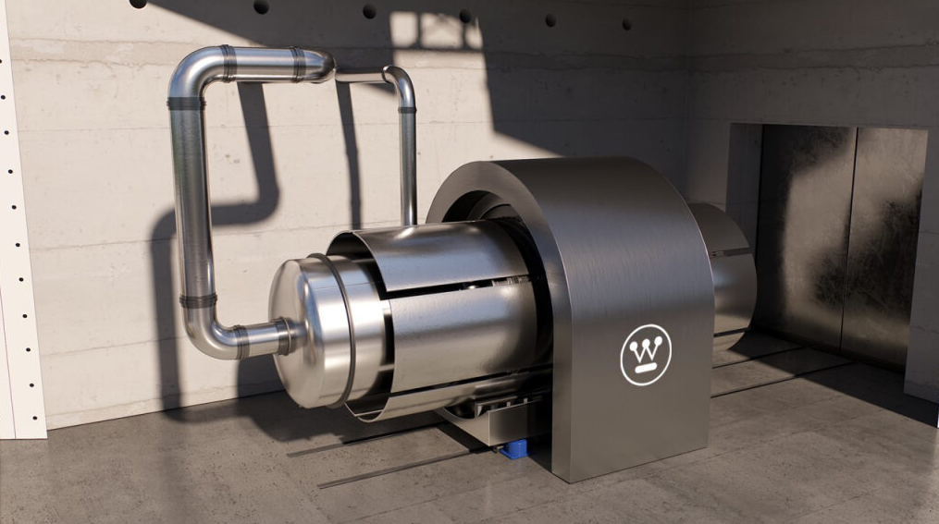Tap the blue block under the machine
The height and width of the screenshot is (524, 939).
515,448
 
